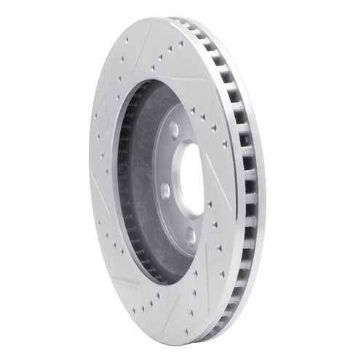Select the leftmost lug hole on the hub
[165, 191]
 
